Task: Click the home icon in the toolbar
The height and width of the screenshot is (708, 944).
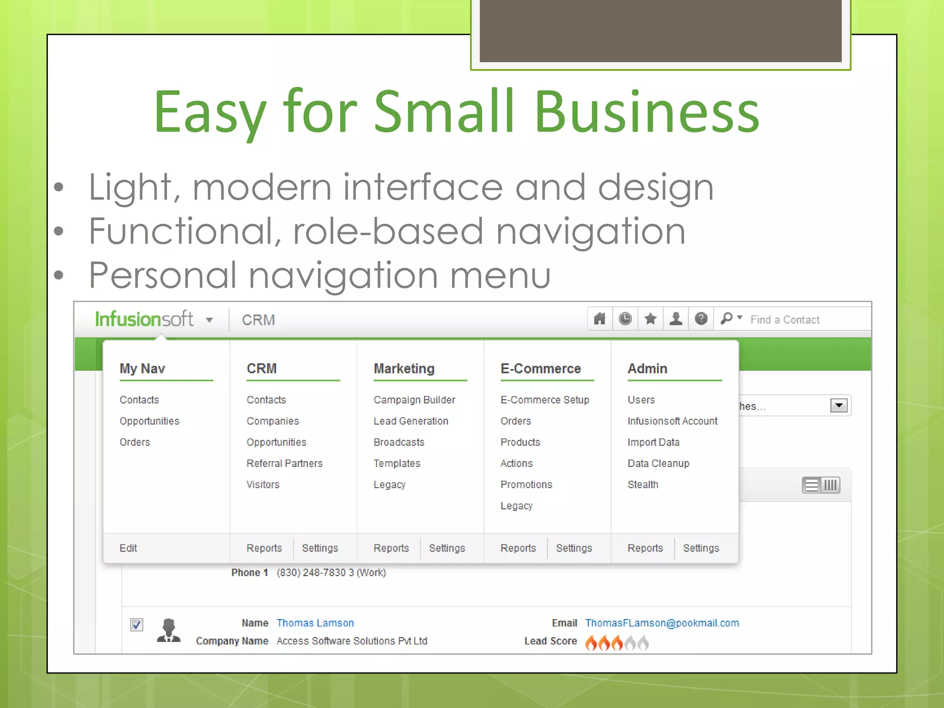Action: click(600, 319)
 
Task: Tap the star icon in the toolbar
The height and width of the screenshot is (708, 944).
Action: click(650, 319)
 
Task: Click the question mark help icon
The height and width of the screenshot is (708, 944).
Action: click(701, 319)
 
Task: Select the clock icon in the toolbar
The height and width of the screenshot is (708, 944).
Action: click(625, 319)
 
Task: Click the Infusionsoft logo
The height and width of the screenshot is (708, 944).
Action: click(144, 319)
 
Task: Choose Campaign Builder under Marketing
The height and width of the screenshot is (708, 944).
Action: click(414, 400)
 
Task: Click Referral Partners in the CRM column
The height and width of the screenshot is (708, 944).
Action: click(284, 463)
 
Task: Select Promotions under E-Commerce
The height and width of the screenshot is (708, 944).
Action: click(526, 484)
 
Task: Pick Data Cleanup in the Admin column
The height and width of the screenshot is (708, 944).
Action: click(658, 463)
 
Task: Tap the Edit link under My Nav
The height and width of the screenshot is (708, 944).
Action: click(128, 548)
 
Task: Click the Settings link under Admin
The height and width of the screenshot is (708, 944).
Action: click(701, 548)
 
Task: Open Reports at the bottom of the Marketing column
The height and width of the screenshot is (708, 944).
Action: click(391, 548)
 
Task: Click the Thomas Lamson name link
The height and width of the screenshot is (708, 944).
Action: click(315, 623)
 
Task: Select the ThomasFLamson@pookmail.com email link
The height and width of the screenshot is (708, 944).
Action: click(662, 623)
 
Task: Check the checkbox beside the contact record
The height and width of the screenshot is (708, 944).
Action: click(137, 625)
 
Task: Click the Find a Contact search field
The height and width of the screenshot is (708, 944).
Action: click(802, 319)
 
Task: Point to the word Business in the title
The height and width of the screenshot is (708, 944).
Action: click(647, 112)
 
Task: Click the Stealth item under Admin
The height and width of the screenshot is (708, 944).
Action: click(643, 484)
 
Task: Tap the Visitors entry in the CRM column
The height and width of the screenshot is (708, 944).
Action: click(263, 484)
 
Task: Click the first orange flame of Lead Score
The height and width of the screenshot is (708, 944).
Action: click(591, 642)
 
